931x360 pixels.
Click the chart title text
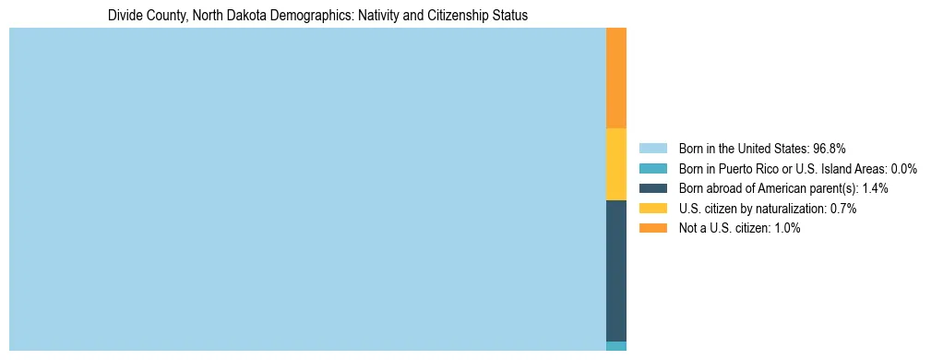[x=317, y=16]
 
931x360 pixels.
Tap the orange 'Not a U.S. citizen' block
[x=616, y=78]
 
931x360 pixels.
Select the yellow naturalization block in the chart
[x=616, y=164]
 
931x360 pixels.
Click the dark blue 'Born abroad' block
[x=616, y=270]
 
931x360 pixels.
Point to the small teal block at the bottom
[x=616, y=346]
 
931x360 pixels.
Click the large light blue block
[x=307, y=189]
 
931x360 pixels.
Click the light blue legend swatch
[x=652, y=148]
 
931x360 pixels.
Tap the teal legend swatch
[x=652, y=168]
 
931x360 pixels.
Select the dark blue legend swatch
[x=652, y=188]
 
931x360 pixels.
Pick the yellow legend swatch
[x=652, y=209]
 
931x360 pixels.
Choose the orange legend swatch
[x=652, y=229]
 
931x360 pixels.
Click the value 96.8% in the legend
[x=830, y=148]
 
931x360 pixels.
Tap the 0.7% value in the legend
[x=843, y=209]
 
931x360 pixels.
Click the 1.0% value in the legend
[x=787, y=229]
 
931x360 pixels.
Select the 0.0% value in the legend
[x=903, y=168]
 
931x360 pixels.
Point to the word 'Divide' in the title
[x=125, y=16]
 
